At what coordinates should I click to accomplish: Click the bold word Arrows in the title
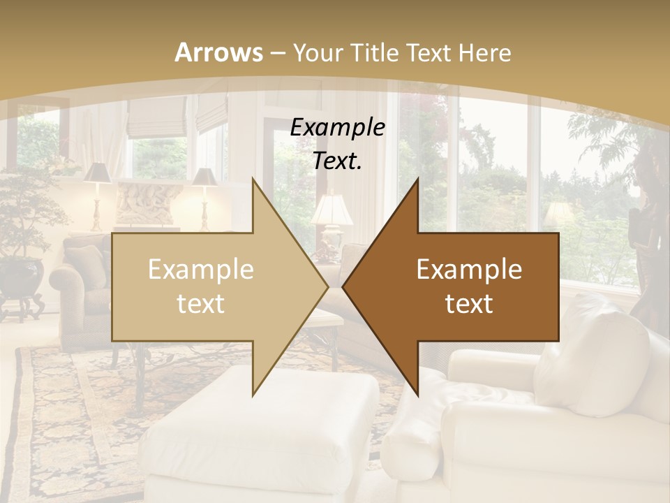point(218,52)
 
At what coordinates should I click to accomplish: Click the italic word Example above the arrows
point(337,128)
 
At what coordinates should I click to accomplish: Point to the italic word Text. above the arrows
point(337,161)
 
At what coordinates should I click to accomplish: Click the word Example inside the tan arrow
point(201,270)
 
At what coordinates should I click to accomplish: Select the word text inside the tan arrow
point(201,304)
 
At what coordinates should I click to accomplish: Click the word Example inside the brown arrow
point(469,270)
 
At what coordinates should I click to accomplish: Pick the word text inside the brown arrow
point(469,304)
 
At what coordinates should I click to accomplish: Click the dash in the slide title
point(278,52)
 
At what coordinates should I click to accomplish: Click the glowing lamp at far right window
point(558,214)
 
